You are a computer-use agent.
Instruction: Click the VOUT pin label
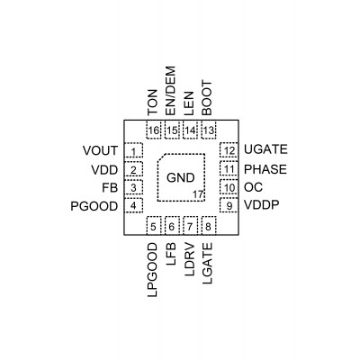pyautogui.click(x=100, y=150)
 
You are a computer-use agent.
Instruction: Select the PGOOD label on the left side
pyautogui.click(x=94, y=206)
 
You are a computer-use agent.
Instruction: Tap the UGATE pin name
pyautogui.click(x=265, y=149)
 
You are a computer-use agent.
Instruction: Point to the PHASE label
pyautogui.click(x=265, y=169)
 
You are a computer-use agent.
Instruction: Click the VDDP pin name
pyautogui.click(x=262, y=205)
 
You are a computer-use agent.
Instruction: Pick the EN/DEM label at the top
pyautogui.click(x=170, y=91)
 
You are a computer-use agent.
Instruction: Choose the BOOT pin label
pyautogui.click(x=207, y=98)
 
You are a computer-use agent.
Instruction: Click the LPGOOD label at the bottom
pyautogui.click(x=153, y=270)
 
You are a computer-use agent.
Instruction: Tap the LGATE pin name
pyautogui.click(x=207, y=263)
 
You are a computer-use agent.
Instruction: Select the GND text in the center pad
pyautogui.click(x=181, y=178)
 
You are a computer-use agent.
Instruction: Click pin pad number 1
pyautogui.click(x=133, y=150)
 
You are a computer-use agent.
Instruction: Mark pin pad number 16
pyautogui.click(x=154, y=130)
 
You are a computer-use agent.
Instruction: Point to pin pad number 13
pyautogui.click(x=209, y=130)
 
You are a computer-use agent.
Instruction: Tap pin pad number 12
pyautogui.click(x=229, y=150)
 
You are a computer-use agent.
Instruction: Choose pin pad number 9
pyautogui.click(x=229, y=205)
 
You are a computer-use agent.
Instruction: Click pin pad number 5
pyautogui.click(x=154, y=226)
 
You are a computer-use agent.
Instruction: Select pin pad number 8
pyautogui.click(x=209, y=226)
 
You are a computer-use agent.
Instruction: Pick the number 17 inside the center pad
pyautogui.click(x=198, y=194)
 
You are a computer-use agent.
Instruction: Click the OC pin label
pyautogui.click(x=253, y=187)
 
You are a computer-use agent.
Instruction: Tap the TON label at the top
pyautogui.click(x=153, y=103)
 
